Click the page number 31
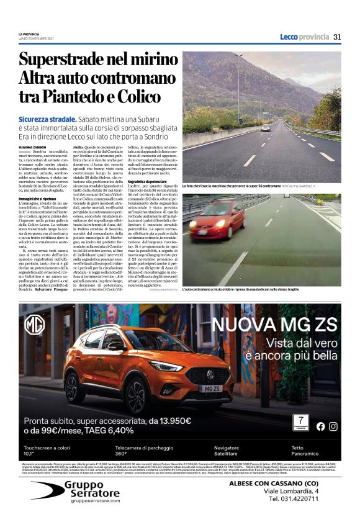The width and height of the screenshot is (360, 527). pos(337,37)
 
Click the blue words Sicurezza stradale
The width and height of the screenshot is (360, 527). pos(47,118)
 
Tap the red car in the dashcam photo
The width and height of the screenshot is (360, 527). pos(217,219)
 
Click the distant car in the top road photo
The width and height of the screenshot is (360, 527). pos(265,127)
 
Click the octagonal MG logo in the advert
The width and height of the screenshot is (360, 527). pos(34,325)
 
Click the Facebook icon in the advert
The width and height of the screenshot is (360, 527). pos(320,426)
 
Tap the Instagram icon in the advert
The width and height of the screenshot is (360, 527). pos(333,426)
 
